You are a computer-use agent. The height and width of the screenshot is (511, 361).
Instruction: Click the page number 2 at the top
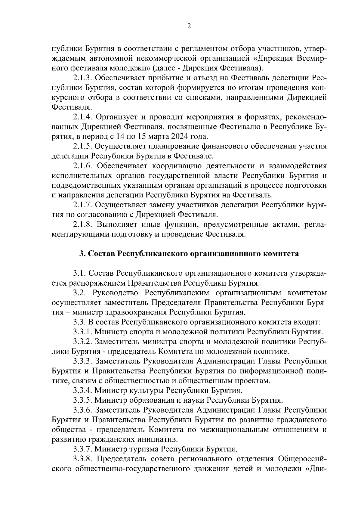pos(189,26)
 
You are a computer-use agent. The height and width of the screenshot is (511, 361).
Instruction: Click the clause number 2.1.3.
pos(83,78)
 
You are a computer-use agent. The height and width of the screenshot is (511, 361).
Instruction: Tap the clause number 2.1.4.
pos(83,117)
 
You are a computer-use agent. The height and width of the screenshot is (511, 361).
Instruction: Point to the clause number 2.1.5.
pos(83,146)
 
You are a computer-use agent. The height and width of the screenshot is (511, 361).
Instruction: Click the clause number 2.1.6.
pos(83,166)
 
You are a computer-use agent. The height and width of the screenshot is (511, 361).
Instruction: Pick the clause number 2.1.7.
pos(83,205)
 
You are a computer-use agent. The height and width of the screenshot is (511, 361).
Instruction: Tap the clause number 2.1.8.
pos(83,225)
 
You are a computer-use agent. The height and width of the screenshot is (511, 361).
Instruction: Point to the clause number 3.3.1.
pos(83,332)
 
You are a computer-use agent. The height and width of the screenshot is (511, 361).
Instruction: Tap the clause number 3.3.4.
pos(83,391)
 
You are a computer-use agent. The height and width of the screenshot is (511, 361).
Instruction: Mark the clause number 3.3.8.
pos(83,459)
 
